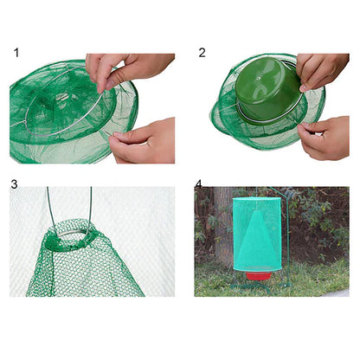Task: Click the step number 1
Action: (16, 54)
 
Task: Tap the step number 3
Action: (15, 184)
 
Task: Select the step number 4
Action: (199, 184)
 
